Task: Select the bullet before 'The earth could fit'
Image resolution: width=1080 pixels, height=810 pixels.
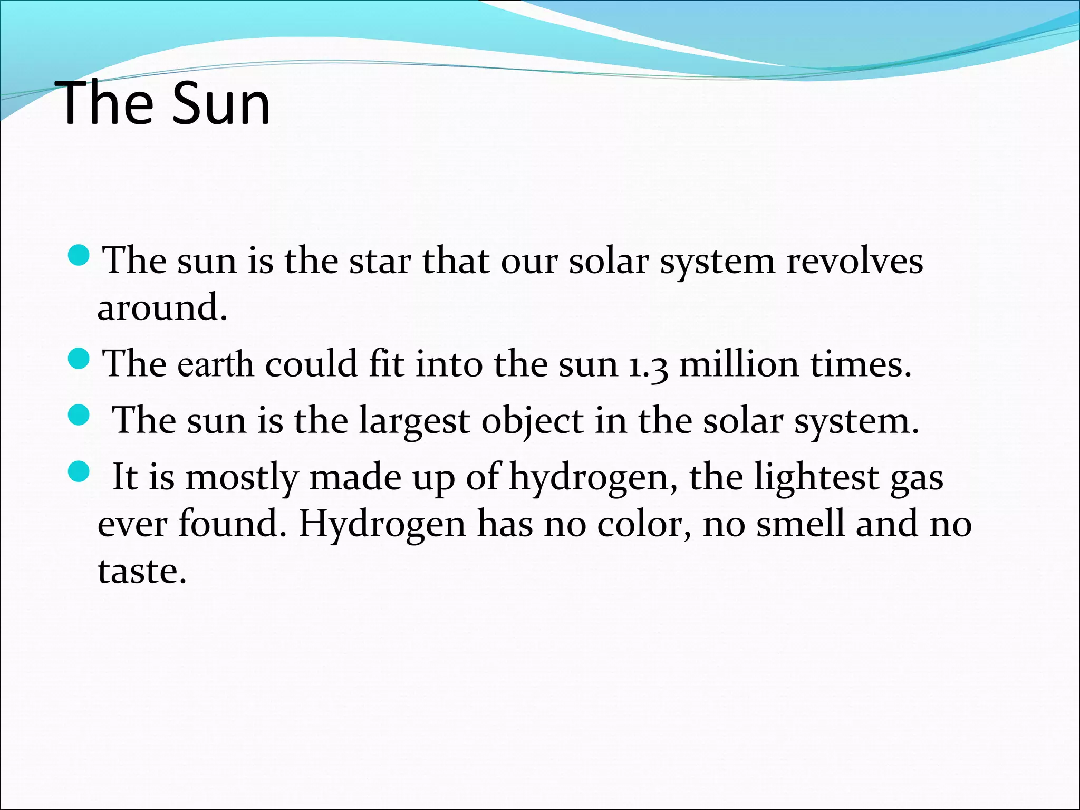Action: click(80, 359)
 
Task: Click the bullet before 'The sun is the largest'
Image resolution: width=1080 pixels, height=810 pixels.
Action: click(80, 415)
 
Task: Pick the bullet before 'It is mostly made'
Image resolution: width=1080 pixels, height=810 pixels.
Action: click(80, 471)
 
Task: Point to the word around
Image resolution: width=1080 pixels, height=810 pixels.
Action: click(161, 307)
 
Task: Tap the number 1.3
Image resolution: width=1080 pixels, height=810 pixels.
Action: click(648, 365)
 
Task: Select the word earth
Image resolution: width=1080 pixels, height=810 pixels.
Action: click(215, 365)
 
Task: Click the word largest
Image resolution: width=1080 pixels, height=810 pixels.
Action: click(414, 422)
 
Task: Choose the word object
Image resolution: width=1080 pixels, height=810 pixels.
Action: click(532, 422)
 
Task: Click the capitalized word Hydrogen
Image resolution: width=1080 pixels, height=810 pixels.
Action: click(382, 525)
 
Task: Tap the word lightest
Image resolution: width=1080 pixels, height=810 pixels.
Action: click(816, 478)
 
